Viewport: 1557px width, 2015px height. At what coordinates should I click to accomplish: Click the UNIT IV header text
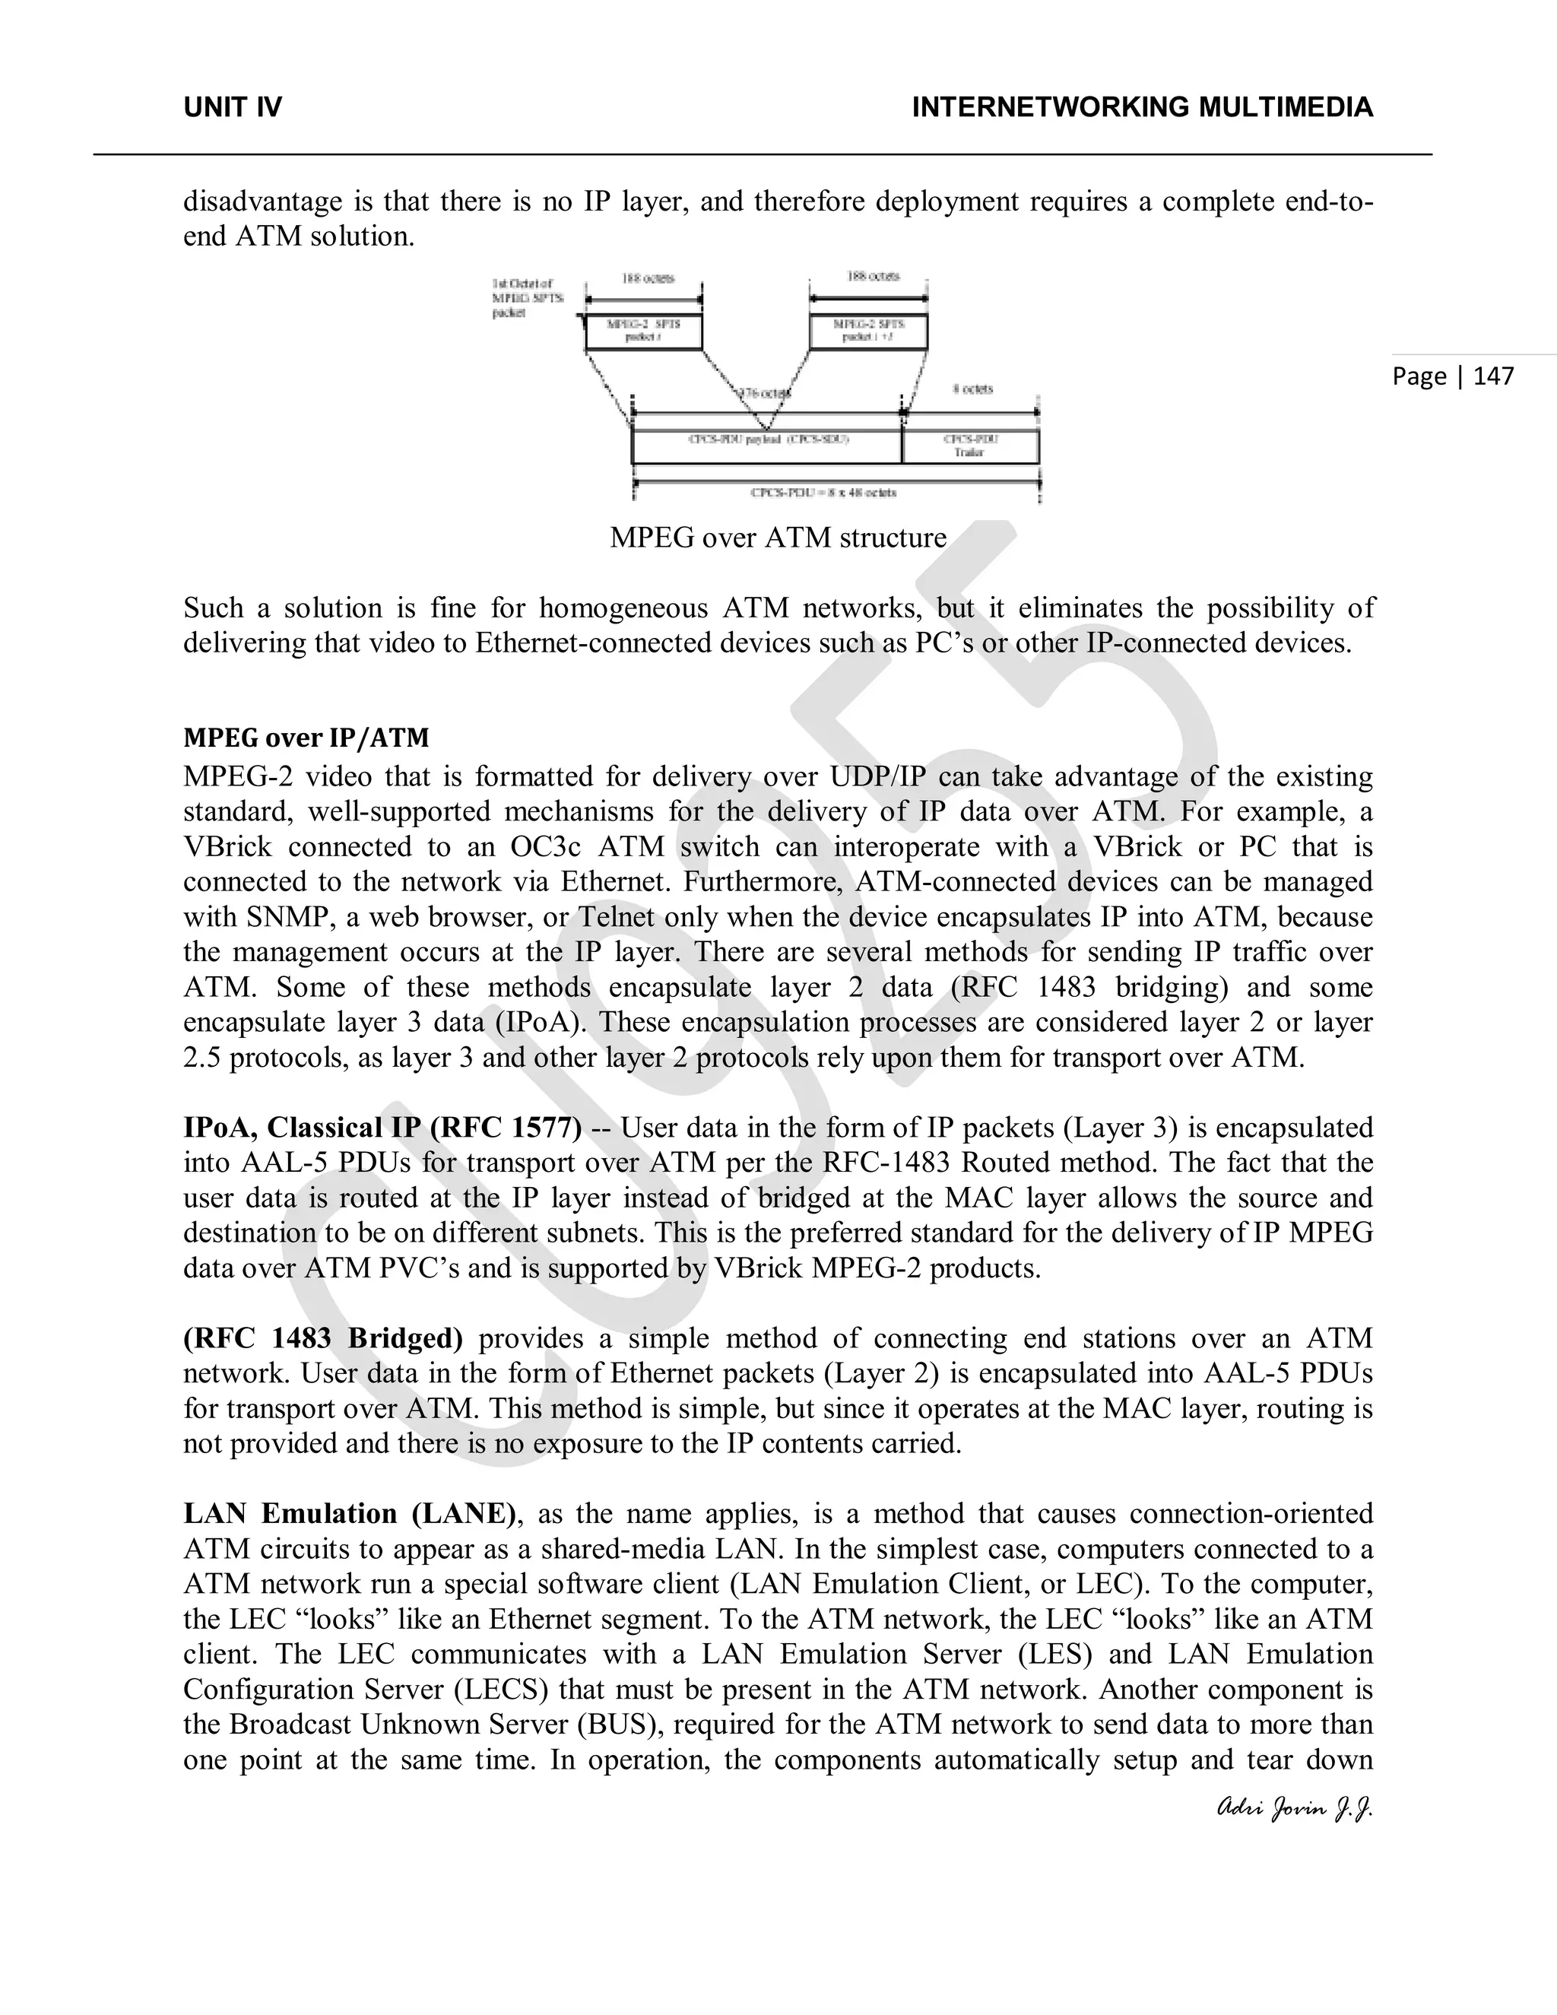233,108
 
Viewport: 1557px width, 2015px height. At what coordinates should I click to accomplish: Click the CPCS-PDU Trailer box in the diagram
969,446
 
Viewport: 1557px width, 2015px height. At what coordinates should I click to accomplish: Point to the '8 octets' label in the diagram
972,389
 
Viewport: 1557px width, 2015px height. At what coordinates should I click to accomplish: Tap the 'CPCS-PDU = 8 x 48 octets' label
823,493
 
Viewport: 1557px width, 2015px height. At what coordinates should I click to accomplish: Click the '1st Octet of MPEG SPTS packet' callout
523,298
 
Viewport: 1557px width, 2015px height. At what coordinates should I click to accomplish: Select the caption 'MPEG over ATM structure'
778,537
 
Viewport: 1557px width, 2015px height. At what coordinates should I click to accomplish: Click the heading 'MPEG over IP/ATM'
306,738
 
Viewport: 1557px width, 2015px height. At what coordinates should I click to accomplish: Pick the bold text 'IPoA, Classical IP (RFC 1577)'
382,1128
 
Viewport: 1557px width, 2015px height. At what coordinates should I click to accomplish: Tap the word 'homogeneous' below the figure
622,608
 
